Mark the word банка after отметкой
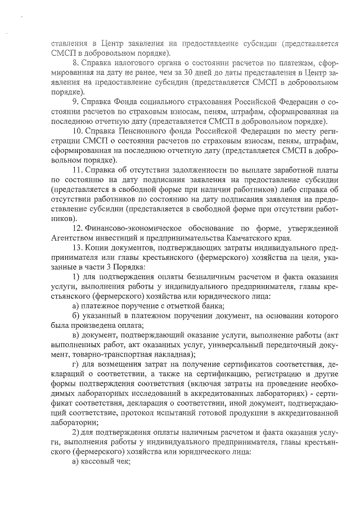coord(213,305)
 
